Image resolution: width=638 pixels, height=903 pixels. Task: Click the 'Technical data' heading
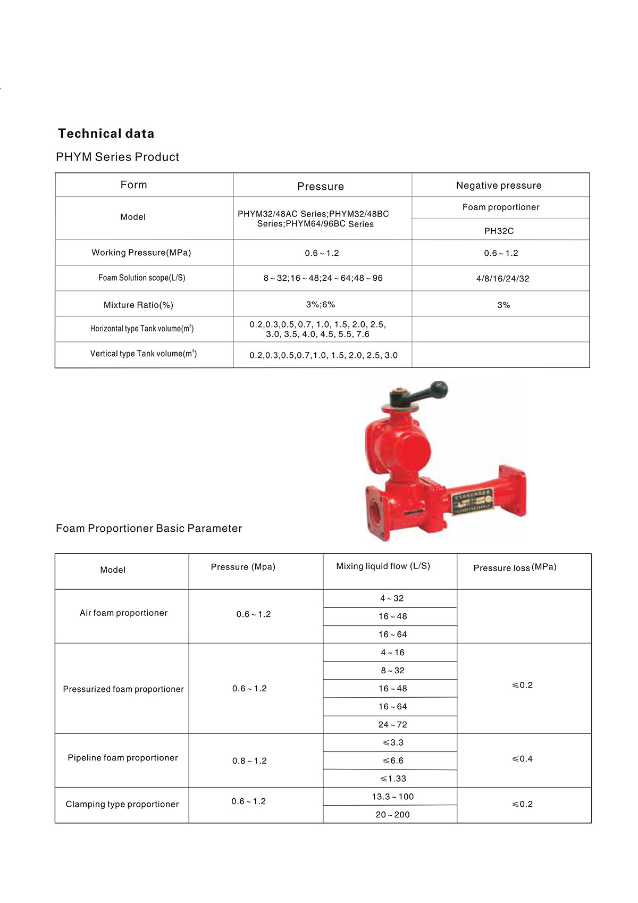(x=106, y=133)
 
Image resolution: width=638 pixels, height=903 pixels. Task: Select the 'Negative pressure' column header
(x=499, y=186)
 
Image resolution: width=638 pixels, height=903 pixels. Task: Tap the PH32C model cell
(x=499, y=231)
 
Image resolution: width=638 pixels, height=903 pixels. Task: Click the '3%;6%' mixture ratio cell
(x=321, y=305)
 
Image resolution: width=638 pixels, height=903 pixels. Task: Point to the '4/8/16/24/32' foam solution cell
(x=502, y=279)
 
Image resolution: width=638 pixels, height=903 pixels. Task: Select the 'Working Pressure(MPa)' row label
(x=141, y=253)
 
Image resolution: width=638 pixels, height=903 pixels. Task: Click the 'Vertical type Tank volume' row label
(x=144, y=354)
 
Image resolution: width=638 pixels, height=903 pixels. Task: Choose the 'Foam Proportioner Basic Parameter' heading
(x=149, y=529)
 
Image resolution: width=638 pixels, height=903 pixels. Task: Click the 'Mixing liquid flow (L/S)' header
(x=383, y=566)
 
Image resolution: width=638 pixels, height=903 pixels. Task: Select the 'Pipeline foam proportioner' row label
(x=123, y=758)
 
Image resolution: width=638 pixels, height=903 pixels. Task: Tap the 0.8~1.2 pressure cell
(x=249, y=761)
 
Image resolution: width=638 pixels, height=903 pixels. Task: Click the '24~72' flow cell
(x=392, y=725)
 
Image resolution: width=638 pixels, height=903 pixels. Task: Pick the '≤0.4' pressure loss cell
(x=522, y=759)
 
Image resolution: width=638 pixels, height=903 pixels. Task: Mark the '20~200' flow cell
(x=392, y=815)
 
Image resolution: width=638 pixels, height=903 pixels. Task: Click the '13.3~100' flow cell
(x=392, y=797)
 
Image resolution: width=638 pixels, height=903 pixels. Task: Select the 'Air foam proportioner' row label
(x=123, y=613)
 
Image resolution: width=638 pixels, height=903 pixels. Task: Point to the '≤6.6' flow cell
(x=393, y=761)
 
